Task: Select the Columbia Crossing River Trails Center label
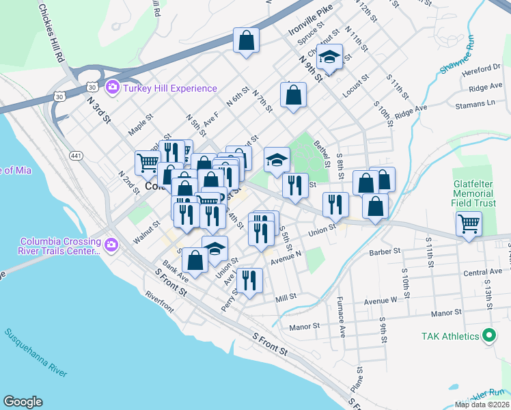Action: (61, 246)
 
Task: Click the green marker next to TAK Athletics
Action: (488, 336)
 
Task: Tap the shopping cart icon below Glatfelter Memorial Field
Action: (469, 223)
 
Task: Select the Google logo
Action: (23, 402)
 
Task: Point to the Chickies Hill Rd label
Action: (51, 33)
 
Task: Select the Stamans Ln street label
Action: (476, 103)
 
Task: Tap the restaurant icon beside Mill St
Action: (250, 279)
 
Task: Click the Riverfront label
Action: (160, 301)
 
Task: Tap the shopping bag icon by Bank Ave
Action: (195, 260)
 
